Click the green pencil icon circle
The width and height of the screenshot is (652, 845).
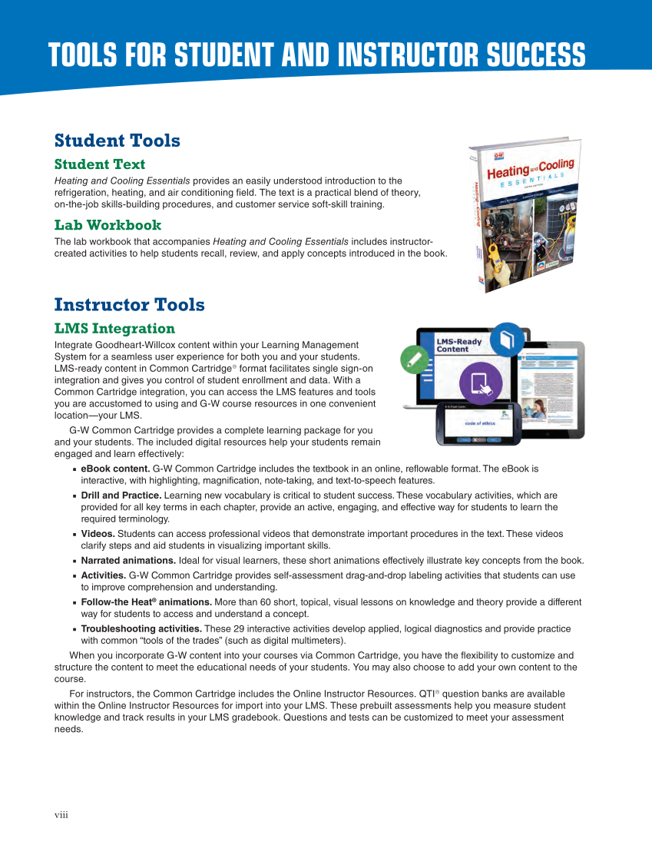415,359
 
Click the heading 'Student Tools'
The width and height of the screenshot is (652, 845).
117,141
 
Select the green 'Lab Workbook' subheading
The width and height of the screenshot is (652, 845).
108,225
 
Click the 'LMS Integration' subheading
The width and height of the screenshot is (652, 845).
114,329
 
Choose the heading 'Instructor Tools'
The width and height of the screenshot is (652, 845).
129,305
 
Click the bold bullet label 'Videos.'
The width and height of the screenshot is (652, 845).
98,534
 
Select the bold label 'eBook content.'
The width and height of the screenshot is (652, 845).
115,468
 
